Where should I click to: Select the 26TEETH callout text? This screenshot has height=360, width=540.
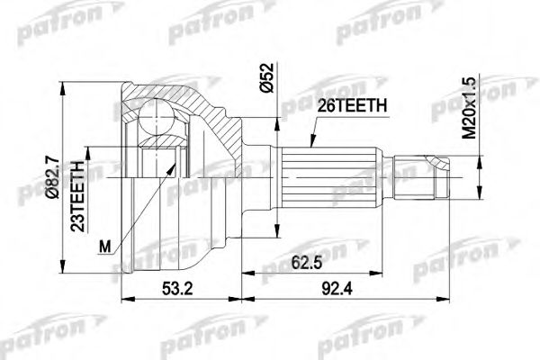pos(354,104)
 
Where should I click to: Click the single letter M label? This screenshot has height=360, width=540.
pos(107,245)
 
